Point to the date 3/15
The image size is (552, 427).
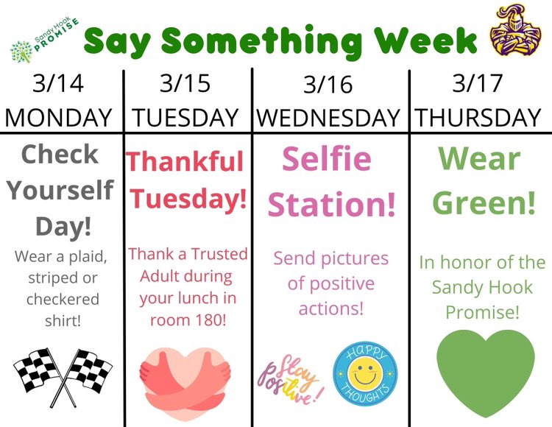(185, 83)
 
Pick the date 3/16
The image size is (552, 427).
(328, 85)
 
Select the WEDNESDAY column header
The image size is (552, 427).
(328, 118)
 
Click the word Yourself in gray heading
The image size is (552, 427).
(61, 191)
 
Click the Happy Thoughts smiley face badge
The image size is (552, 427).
(365, 371)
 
